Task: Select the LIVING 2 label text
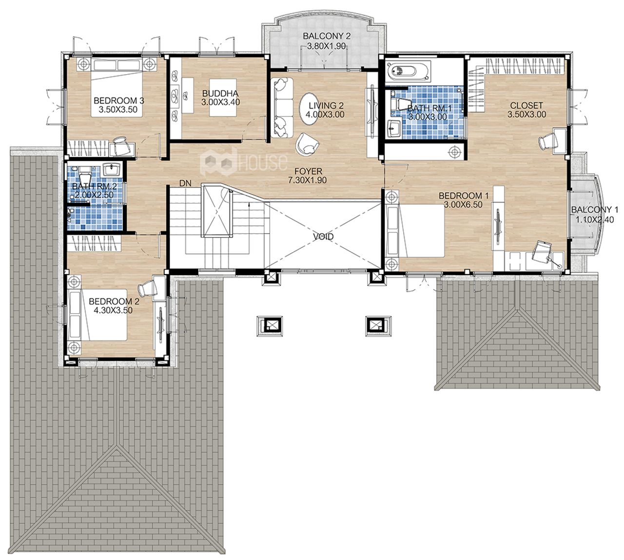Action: [326, 106]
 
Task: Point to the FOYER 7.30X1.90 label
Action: [308, 176]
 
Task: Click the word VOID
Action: [323, 237]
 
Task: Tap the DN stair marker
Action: [185, 183]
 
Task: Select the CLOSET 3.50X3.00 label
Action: [526, 110]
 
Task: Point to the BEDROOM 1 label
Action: [464, 196]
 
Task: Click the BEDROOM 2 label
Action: [114, 301]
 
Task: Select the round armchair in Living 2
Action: [307, 144]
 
